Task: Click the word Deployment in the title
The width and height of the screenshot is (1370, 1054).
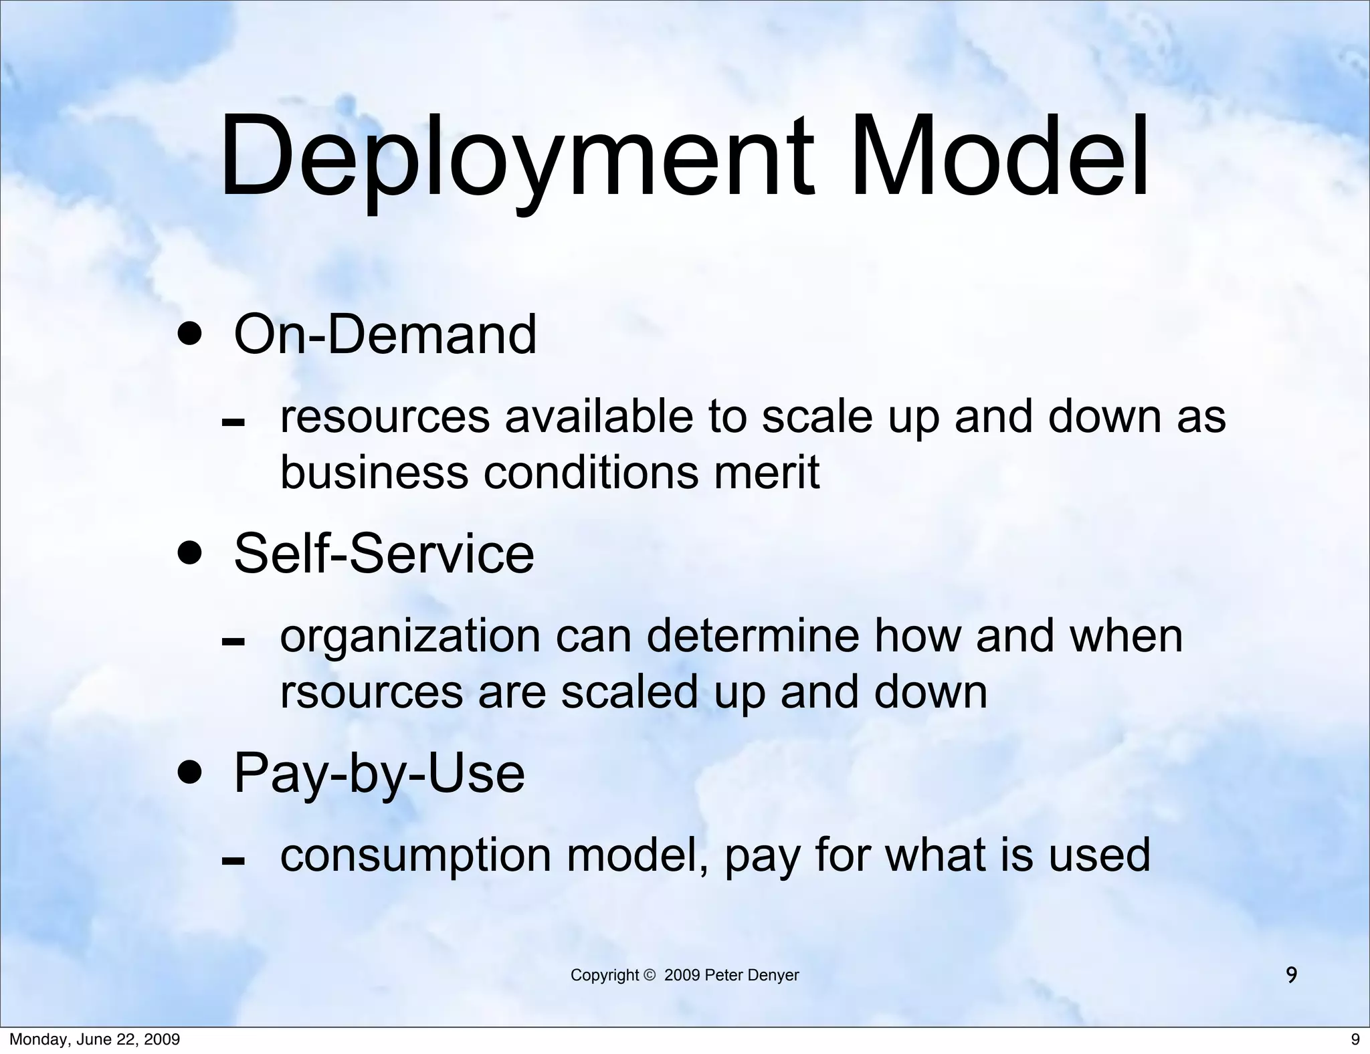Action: tap(516, 159)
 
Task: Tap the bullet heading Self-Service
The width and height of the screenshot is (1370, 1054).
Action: tap(384, 553)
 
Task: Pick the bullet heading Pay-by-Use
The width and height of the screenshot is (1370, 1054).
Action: tap(379, 772)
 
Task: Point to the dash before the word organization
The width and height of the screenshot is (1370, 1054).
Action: tap(233, 643)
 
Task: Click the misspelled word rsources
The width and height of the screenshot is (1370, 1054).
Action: tap(371, 692)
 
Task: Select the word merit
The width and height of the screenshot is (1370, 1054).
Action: tap(766, 472)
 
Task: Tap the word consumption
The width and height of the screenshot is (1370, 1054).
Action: tap(415, 855)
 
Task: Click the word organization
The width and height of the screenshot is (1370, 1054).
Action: tap(409, 637)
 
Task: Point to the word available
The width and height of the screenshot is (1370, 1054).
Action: tap(599, 416)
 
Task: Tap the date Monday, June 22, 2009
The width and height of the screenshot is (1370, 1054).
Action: tap(94, 1039)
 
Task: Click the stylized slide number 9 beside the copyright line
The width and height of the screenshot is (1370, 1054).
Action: tap(1292, 975)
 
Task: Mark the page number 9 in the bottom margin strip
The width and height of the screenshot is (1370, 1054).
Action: tap(1355, 1039)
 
